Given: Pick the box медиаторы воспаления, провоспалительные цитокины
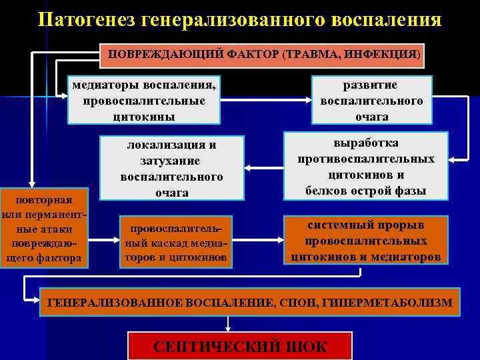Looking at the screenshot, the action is [144, 100].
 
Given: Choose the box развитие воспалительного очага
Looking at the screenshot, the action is [371, 100].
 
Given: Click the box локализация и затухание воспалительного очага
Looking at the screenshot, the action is [171, 168].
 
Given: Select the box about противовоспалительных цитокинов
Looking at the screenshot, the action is [366, 167].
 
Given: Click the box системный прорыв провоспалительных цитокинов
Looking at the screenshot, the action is [365, 240].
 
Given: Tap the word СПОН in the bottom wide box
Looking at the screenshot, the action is [301, 303].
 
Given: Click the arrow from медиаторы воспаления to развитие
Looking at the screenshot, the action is [265, 101].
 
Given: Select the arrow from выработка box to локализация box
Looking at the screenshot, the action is [262, 167].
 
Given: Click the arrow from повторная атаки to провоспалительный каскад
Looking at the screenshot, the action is [101, 238].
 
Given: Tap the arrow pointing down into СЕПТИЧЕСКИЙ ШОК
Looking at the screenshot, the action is [229, 323].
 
